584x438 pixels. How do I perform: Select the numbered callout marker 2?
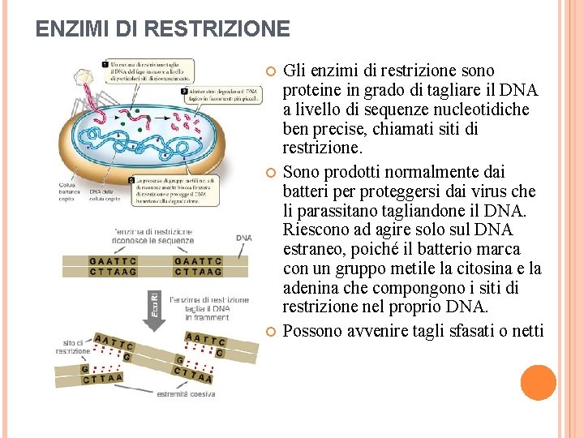184,91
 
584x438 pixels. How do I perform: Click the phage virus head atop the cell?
84,76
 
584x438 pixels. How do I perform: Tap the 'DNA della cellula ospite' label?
104,191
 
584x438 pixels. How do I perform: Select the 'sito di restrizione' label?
73,347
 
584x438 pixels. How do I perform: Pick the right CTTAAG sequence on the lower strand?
196,273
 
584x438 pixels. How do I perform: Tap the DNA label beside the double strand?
244,238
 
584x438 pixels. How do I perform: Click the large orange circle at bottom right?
539,383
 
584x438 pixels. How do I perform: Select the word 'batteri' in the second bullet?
309,191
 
